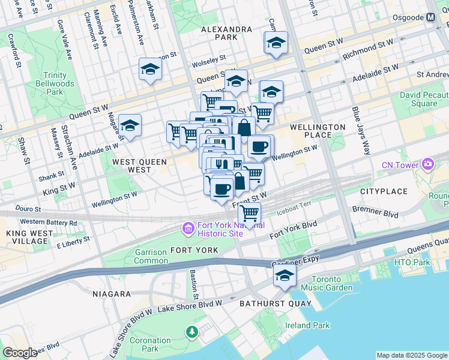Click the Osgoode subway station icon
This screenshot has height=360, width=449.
point(430,17)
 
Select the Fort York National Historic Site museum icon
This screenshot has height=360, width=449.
point(187,228)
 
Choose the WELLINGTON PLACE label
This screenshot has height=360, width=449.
point(318,131)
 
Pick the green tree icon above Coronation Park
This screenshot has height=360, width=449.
point(191,331)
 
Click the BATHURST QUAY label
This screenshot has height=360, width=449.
point(276,304)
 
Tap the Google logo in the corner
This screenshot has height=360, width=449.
point(20,353)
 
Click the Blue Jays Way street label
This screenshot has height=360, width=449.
point(362,131)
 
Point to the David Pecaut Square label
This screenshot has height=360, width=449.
point(427,99)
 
